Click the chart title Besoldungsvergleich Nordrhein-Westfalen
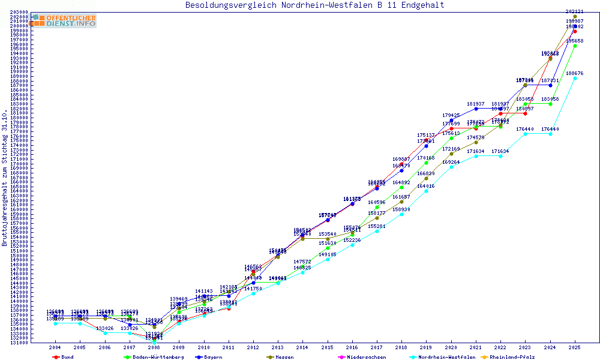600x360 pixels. coord(315,5)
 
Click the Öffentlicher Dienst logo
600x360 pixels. coord(64,21)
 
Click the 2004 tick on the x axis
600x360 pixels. coord(55,347)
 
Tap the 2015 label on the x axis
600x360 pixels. coord(328,347)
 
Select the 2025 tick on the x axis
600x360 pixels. coord(575,347)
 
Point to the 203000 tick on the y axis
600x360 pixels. coord(19,12)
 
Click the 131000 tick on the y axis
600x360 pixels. coord(19,343)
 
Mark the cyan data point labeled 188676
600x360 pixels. coord(575,78)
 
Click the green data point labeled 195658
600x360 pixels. coord(575,46)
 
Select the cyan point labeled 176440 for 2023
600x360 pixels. coord(526,134)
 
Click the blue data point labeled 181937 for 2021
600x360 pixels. coord(476,109)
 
